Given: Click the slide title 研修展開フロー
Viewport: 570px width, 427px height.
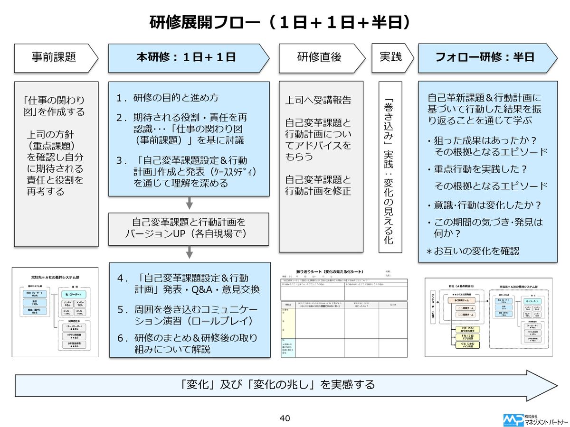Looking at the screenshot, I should (x=280, y=21).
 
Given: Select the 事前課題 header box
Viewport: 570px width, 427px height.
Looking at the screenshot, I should (x=54, y=57).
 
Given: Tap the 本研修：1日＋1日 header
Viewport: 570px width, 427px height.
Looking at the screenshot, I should (x=186, y=57).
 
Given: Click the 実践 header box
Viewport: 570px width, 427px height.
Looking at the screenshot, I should (x=390, y=57).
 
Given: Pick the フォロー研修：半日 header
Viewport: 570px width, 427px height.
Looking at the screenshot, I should (x=484, y=57).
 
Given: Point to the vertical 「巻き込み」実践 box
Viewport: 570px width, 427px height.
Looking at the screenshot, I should (x=390, y=167).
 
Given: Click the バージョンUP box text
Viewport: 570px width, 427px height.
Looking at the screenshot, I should (x=189, y=228).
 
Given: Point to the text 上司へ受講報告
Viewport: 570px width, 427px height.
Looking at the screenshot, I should (x=318, y=100).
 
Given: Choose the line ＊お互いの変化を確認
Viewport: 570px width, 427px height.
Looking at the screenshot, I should (x=473, y=251).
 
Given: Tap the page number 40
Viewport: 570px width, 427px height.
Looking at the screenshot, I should (x=285, y=418).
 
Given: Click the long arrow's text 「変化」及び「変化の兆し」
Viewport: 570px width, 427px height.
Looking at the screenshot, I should (x=278, y=384).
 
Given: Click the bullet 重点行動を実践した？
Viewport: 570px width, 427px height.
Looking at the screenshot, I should (x=477, y=169).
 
